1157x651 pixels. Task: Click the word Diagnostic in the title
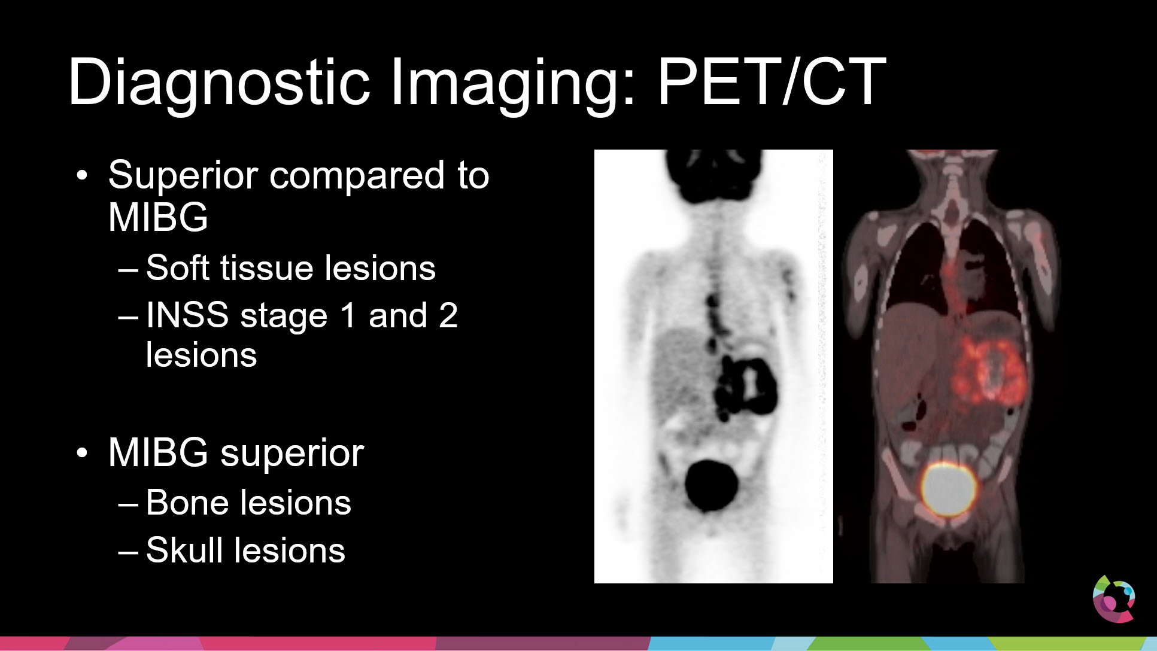219,82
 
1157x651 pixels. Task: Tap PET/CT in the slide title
772,81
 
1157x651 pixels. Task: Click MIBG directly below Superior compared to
158,217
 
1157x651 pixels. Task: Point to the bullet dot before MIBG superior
82,453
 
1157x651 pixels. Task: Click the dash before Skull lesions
128,552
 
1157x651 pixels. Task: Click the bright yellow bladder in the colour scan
948,489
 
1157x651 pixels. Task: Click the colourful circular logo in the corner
1114,598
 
